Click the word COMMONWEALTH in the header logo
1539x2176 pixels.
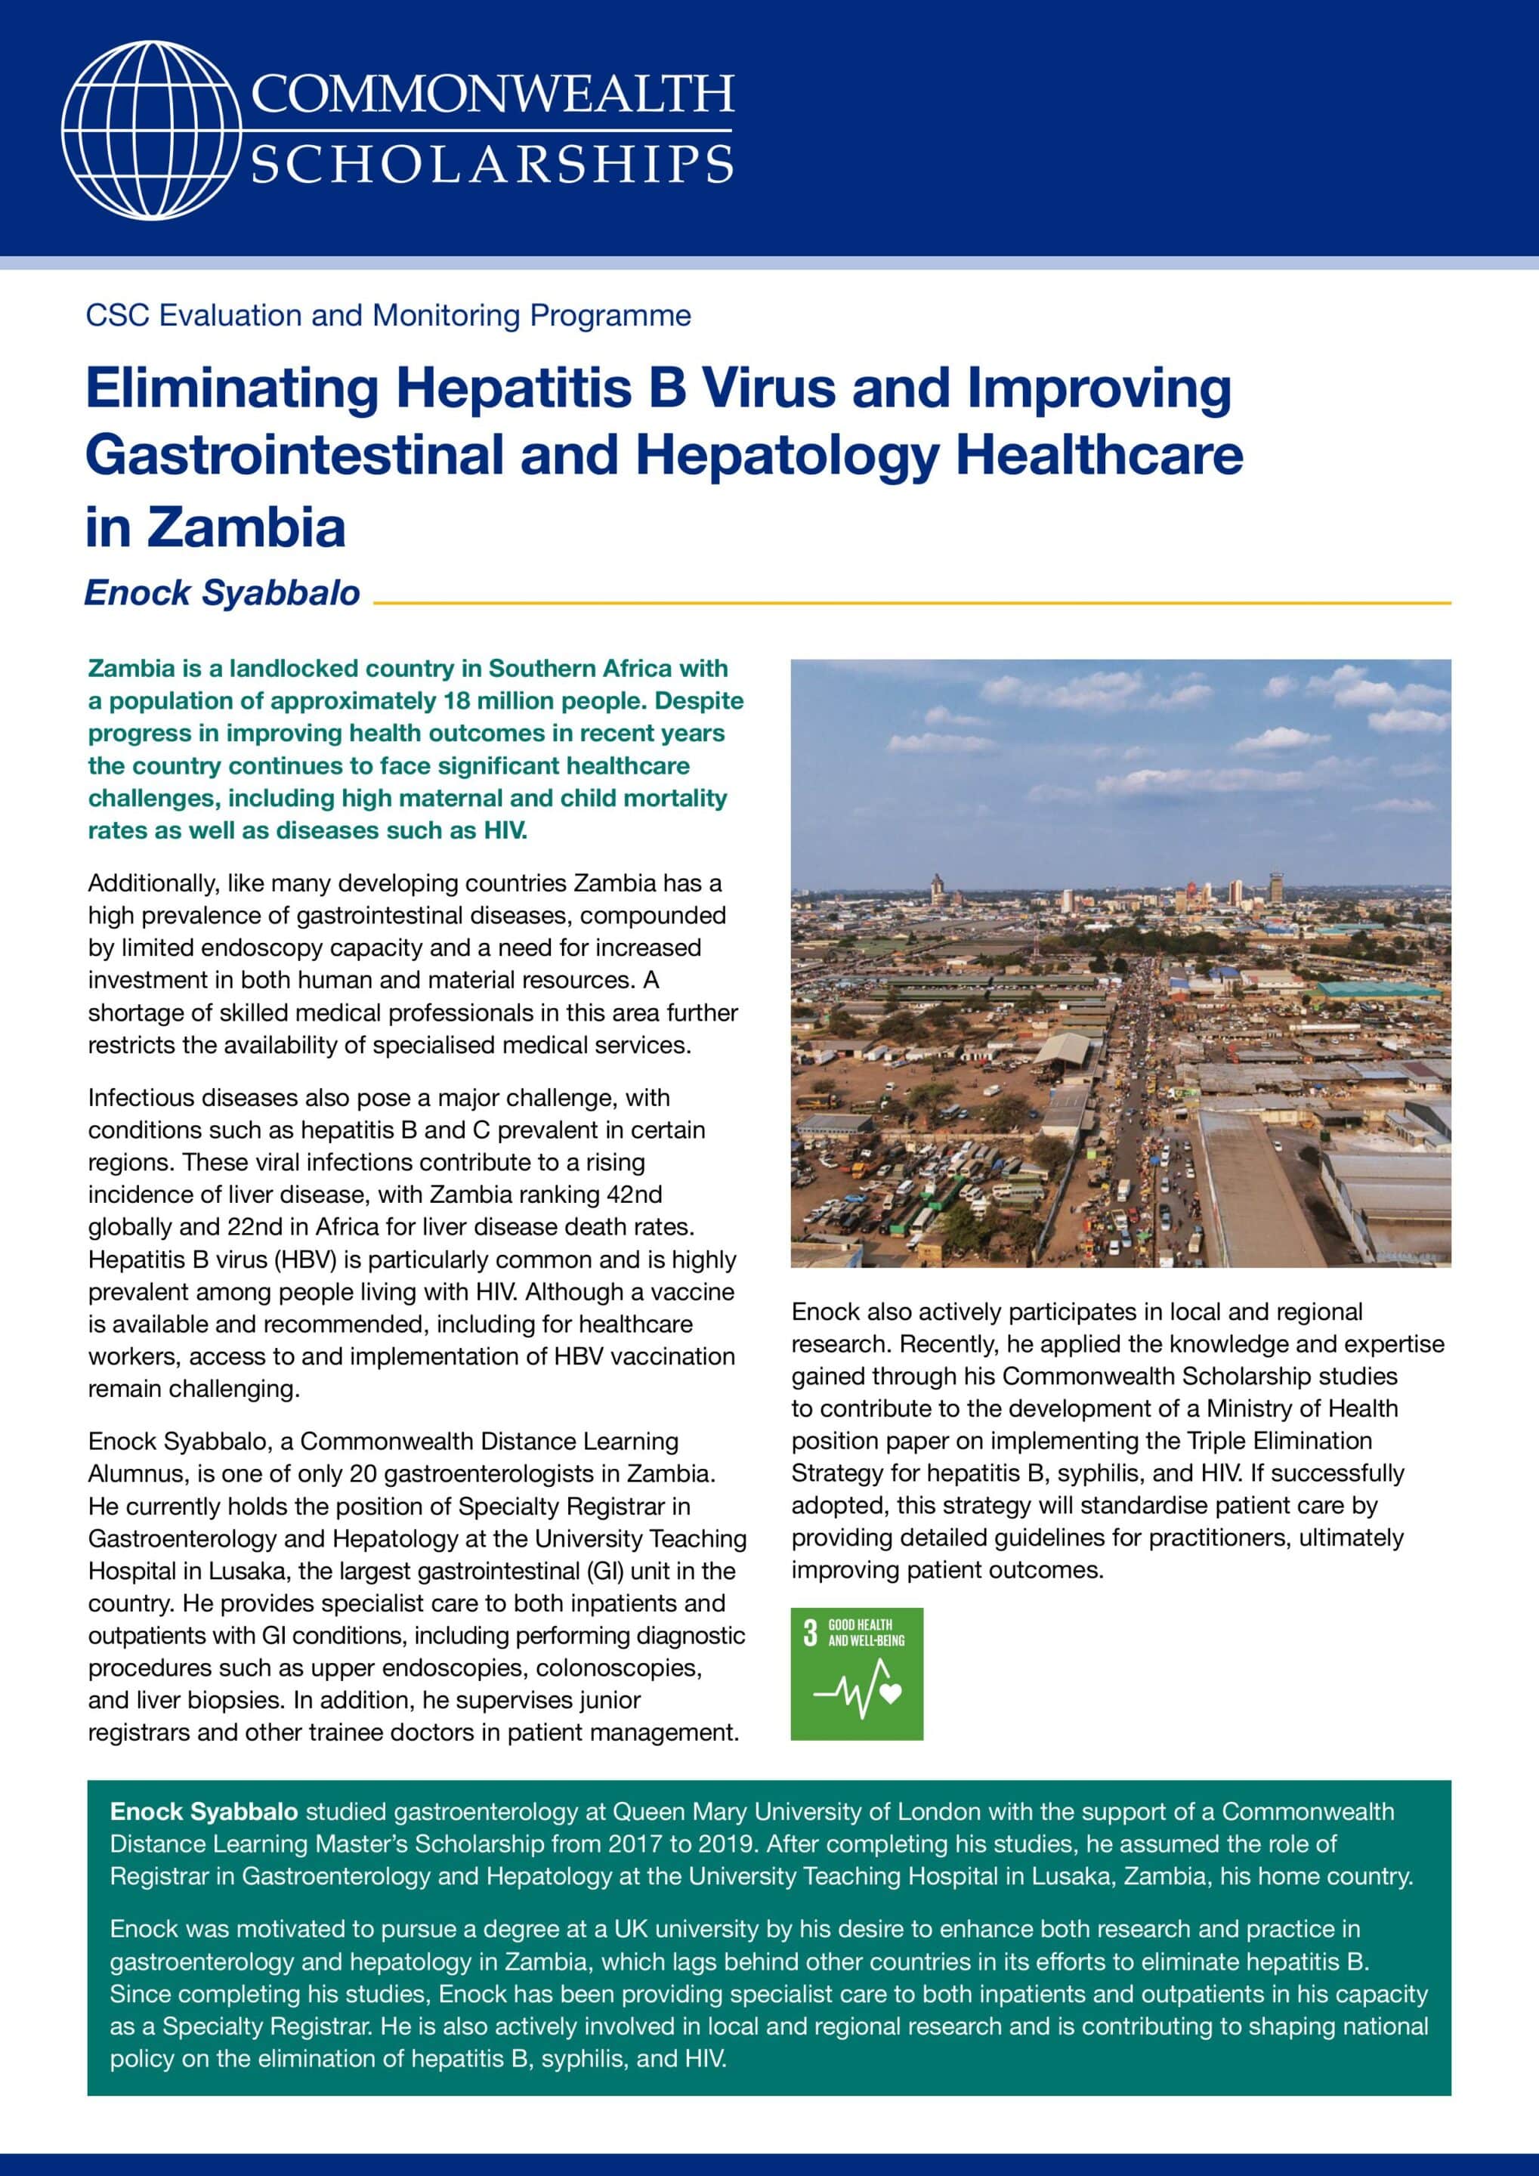(492, 94)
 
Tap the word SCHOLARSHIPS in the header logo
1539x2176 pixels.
(492, 164)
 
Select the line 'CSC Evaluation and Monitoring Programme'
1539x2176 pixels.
(388, 316)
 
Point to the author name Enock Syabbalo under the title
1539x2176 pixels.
(222, 593)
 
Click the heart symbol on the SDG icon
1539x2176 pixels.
(890, 1692)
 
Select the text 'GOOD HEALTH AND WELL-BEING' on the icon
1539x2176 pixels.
(865, 1632)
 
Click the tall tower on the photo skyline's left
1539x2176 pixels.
(938, 888)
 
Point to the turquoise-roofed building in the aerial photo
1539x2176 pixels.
(1379, 991)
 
